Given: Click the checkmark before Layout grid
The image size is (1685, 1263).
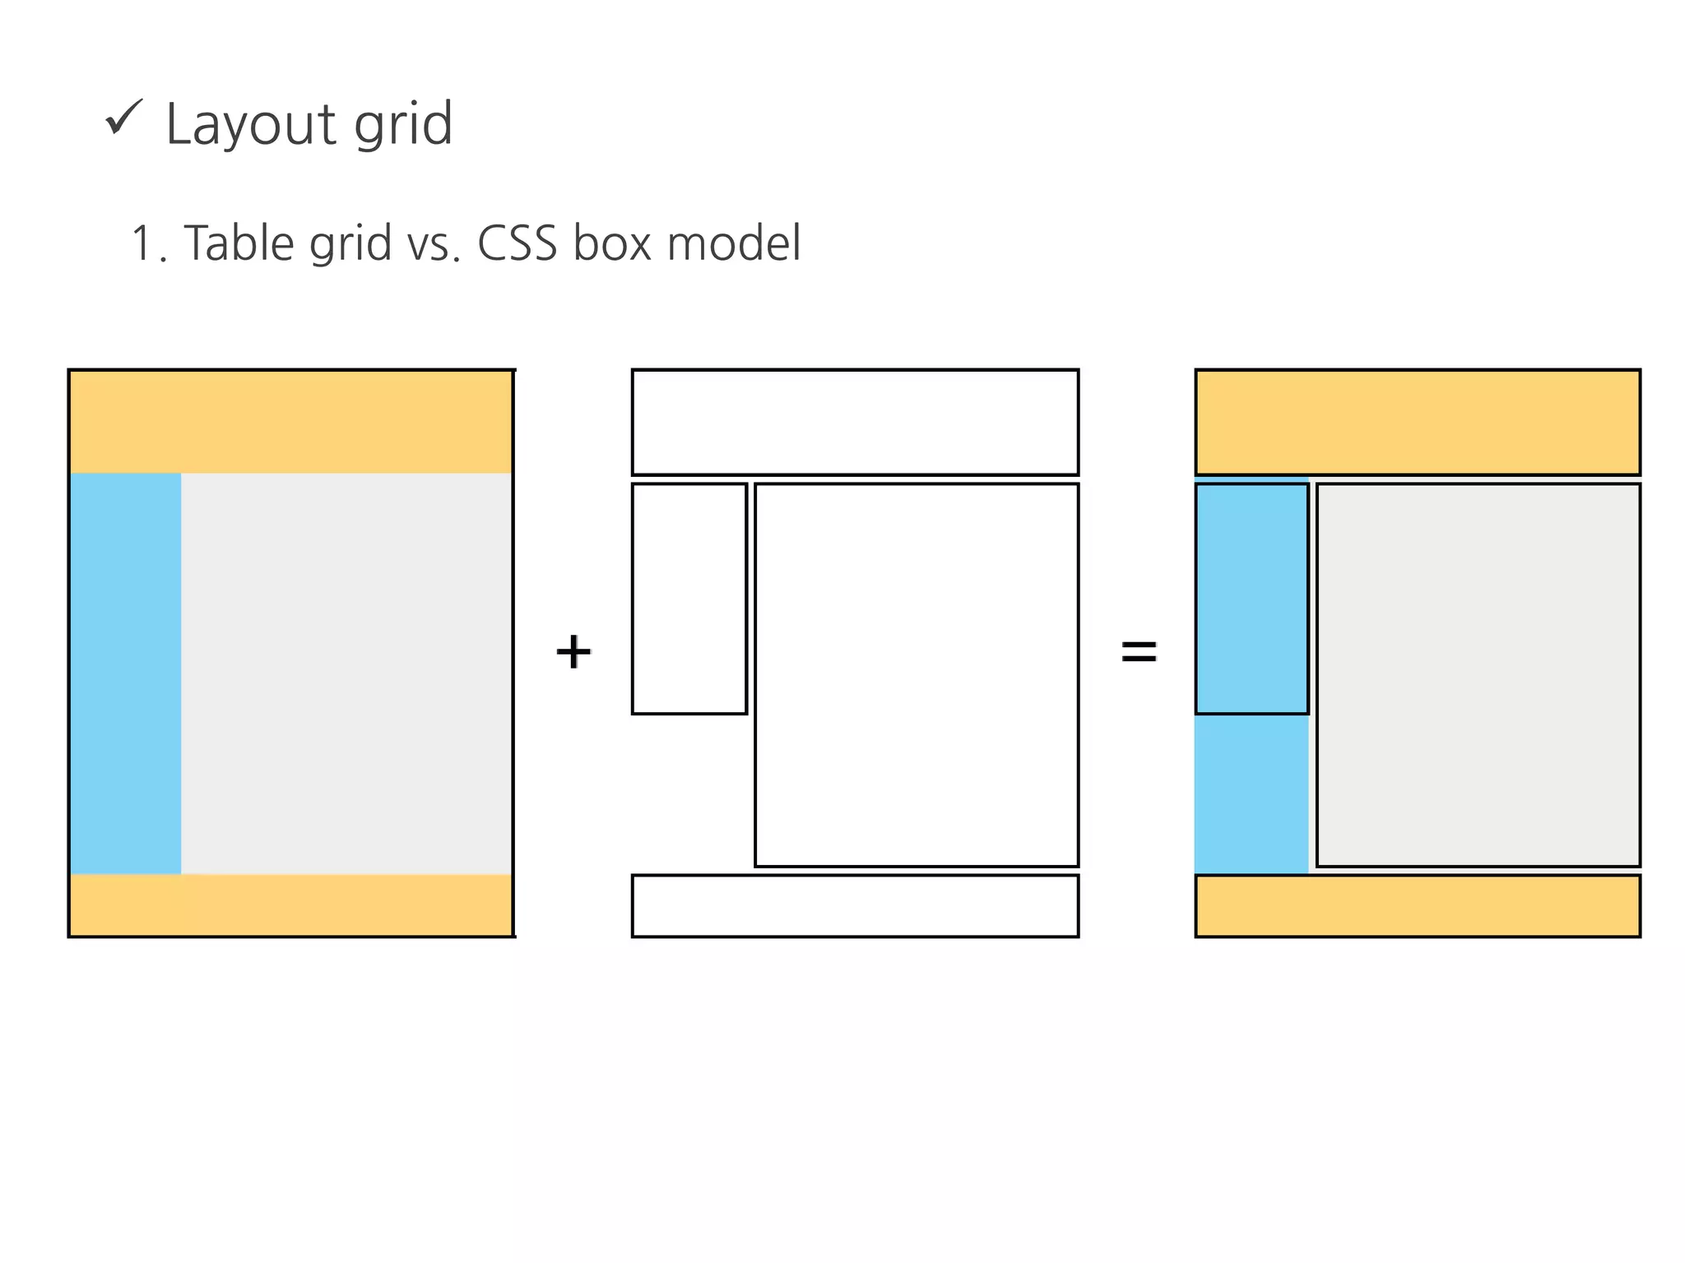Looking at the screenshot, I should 124,118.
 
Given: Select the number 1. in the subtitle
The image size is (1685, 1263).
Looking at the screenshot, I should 148,245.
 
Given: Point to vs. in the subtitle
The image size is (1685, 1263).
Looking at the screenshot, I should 433,245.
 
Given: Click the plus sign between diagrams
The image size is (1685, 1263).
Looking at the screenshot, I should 573,652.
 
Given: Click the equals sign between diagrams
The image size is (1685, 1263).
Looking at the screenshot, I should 1139,652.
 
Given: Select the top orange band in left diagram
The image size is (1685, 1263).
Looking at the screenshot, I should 291,422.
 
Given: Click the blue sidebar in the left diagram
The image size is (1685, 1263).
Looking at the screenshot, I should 126,673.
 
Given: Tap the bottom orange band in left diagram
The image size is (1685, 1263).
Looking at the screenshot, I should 291,904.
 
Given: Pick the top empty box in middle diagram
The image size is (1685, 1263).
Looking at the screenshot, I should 855,422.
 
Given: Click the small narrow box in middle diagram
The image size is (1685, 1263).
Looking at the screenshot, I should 689,599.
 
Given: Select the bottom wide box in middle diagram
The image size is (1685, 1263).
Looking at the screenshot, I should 855,905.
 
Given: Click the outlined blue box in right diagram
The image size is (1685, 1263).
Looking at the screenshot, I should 1251,599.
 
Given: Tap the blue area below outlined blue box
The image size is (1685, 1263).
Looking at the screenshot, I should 1251,793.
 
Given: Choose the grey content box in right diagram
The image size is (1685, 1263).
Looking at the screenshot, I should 1478,674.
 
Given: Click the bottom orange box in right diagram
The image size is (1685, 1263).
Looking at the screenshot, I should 1418,905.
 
